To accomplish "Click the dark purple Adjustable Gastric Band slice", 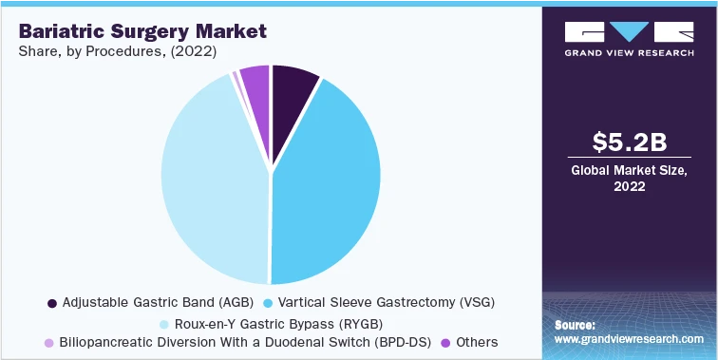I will point(292,85).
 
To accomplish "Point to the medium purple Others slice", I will point(255,81).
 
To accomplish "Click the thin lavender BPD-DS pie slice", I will point(236,80).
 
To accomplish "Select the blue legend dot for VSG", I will point(269,303).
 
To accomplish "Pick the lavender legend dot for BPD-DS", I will point(49,342).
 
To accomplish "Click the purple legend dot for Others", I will point(446,342).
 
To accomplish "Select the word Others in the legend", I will point(477,342).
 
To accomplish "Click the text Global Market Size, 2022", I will point(628,179).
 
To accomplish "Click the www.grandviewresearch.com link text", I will point(629,339).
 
